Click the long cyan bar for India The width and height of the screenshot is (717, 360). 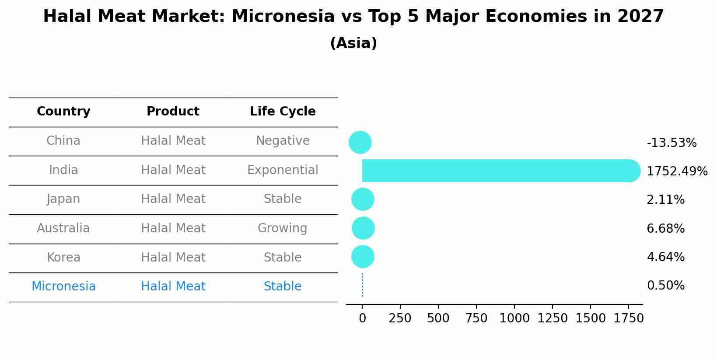[x=494, y=171]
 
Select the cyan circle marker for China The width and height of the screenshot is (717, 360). [x=360, y=142]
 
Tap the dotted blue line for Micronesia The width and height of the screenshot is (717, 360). [x=362, y=285]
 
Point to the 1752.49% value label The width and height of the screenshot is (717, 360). [x=677, y=171]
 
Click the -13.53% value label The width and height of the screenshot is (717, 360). [x=672, y=143]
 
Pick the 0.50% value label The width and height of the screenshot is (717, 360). [x=665, y=286]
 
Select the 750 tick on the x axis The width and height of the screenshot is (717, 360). [x=476, y=318]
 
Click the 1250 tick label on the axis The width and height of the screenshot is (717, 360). [x=552, y=318]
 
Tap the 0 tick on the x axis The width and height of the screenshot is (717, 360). [x=362, y=318]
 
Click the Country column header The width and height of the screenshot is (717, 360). [x=63, y=112]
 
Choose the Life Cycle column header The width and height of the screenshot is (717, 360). [x=283, y=112]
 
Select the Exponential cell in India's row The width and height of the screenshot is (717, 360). [x=283, y=170]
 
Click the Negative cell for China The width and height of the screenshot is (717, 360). [x=283, y=141]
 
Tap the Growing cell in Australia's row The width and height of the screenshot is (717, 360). [x=282, y=228]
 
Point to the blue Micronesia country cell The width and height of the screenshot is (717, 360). [x=63, y=287]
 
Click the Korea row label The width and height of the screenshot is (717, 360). [x=63, y=258]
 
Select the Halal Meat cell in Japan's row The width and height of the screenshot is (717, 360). [x=173, y=199]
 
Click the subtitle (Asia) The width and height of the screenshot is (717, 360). [x=353, y=43]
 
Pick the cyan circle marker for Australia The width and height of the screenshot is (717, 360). [x=363, y=228]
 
